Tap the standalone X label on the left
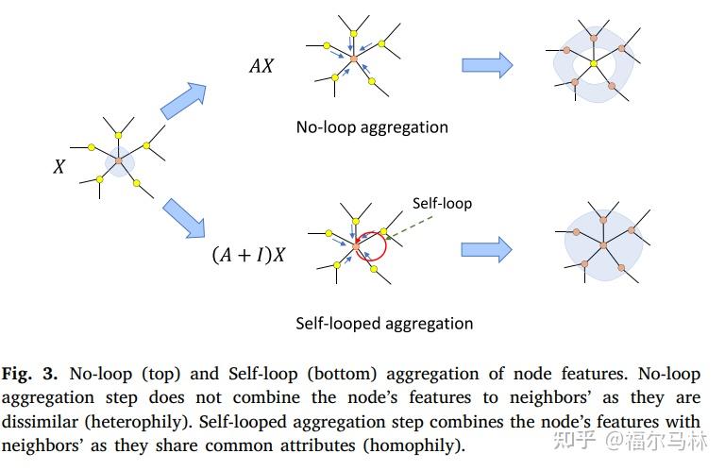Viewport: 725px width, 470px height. click(x=59, y=166)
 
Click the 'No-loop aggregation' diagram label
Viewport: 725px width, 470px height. click(x=372, y=126)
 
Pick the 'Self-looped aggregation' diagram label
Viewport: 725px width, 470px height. click(x=384, y=324)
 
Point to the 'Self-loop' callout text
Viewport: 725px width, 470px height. click(x=442, y=203)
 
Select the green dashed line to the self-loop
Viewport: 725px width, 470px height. click(x=406, y=225)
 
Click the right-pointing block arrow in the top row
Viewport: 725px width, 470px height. click(x=486, y=65)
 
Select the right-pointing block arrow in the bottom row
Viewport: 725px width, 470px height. click(x=486, y=249)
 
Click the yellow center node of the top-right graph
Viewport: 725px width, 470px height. click(x=594, y=64)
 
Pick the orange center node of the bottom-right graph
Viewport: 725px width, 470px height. click(x=602, y=245)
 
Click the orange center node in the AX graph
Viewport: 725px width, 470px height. click(x=353, y=59)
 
